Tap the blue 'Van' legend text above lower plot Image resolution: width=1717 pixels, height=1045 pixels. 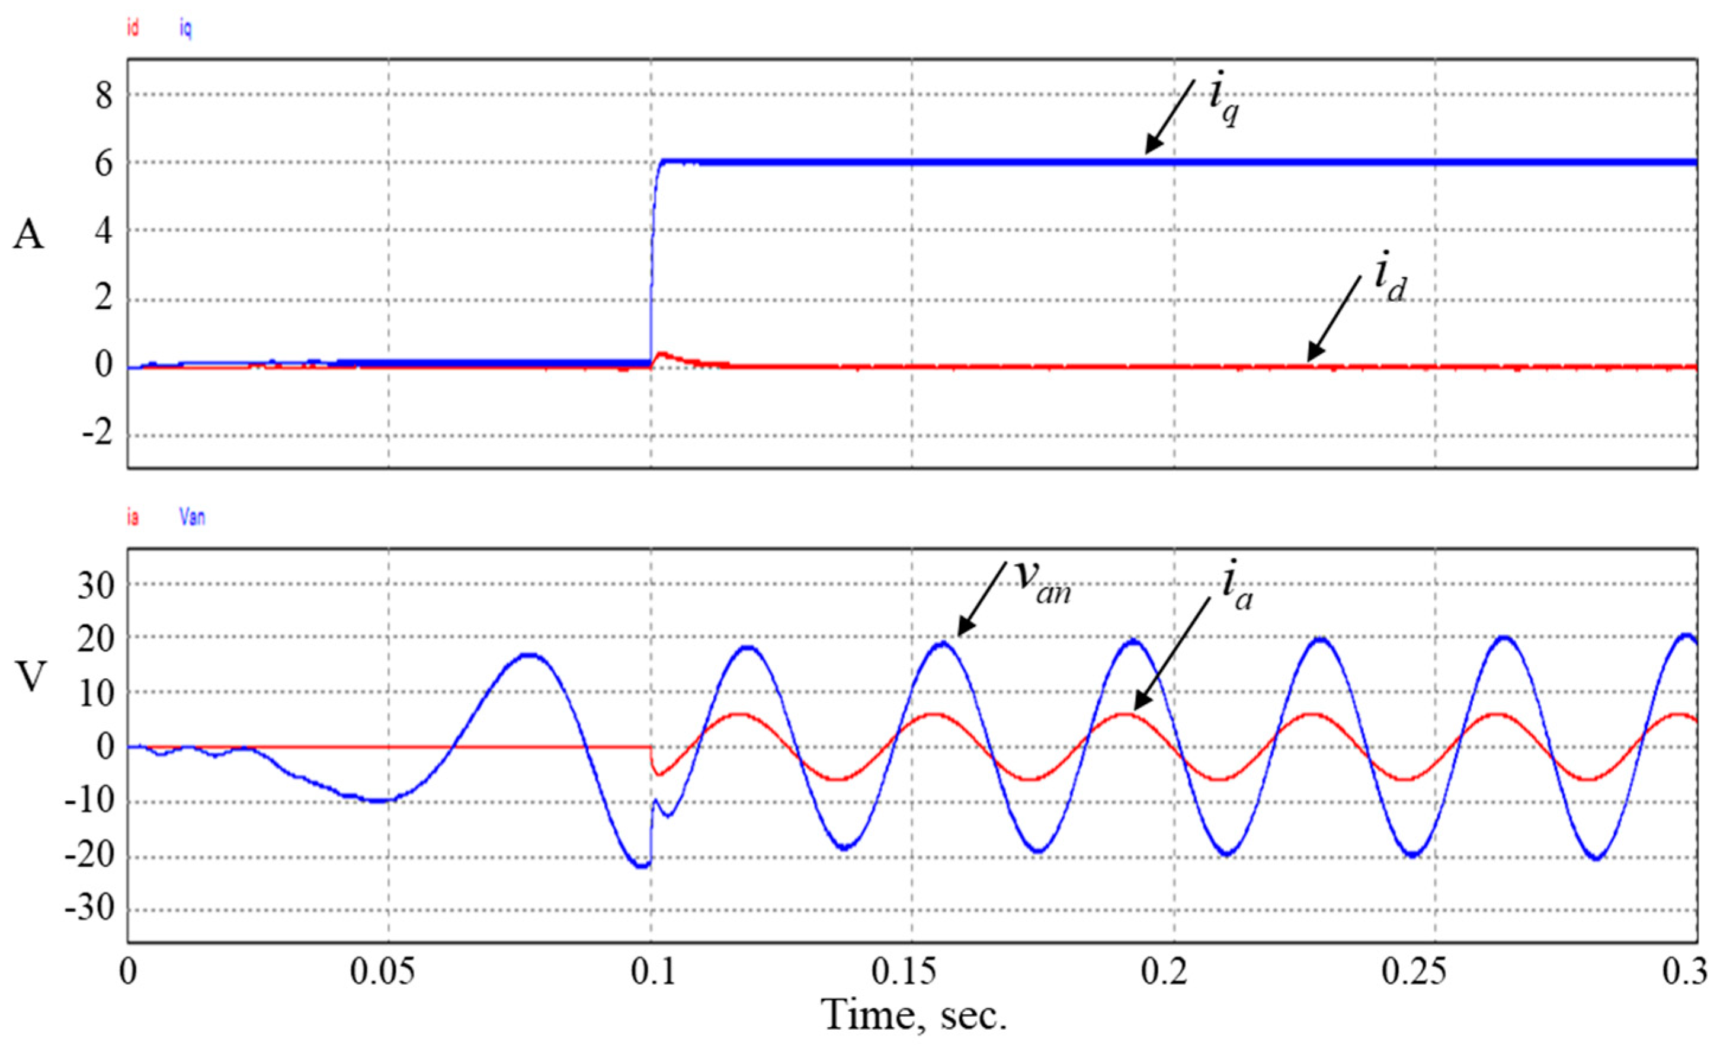[193, 517]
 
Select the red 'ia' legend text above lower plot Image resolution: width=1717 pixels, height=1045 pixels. [132, 517]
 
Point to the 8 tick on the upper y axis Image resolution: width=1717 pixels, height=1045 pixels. [104, 95]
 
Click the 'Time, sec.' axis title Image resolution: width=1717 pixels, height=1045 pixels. [914, 1015]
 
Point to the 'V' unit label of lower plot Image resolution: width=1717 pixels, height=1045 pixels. [30, 676]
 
